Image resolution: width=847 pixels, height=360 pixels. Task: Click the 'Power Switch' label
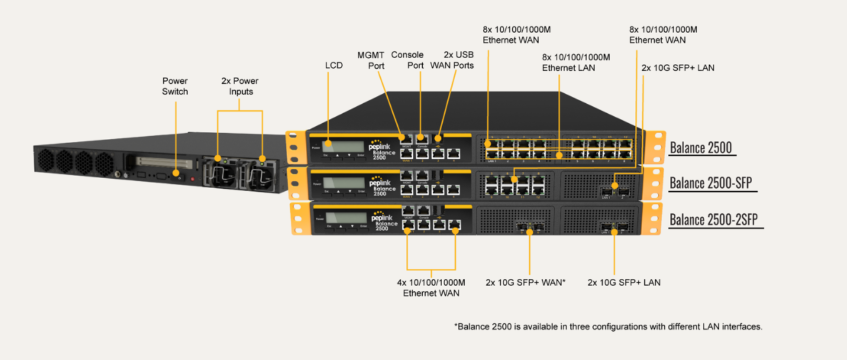click(175, 86)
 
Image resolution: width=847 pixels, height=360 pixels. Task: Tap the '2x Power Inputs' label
click(240, 86)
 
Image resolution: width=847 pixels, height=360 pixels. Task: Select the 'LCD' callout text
click(334, 66)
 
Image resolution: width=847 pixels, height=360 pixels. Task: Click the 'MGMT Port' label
click(371, 60)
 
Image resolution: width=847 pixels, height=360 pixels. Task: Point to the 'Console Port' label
click(408, 60)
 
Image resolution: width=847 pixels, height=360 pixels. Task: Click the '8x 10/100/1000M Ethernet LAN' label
click(576, 62)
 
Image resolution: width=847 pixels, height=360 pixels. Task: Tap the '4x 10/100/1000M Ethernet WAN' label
click(431, 288)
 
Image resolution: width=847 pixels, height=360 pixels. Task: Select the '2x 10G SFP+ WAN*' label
click(525, 282)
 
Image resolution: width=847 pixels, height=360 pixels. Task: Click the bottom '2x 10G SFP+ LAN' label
click(624, 282)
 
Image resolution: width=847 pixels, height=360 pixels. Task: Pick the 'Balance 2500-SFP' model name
click(711, 183)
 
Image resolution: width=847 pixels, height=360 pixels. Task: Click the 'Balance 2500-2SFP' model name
click(714, 219)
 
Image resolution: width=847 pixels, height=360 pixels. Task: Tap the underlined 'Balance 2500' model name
click(701, 148)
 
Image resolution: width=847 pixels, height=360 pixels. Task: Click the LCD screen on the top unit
click(344, 146)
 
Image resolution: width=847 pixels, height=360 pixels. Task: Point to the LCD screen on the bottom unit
click(346, 217)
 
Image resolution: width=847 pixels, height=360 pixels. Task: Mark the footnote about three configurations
click(608, 326)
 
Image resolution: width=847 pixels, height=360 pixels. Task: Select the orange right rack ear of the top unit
click(655, 148)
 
